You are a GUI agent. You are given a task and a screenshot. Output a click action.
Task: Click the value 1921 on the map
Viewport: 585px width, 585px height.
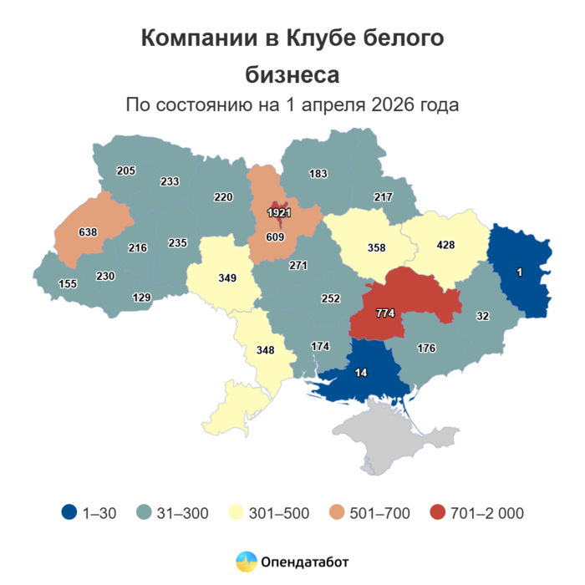pyautogui.click(x=279, y=213)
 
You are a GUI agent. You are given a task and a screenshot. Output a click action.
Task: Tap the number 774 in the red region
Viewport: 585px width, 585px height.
pyautogui.click(x=385, y=313)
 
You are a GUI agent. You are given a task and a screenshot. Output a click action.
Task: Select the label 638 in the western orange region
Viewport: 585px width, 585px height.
pyautogui.click(x=88, y=231)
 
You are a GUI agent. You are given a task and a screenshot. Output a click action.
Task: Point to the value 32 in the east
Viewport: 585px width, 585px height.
pyautogui.click(x=482, y=315)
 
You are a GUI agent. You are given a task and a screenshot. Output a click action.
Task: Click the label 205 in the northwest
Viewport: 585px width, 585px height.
pyautogui.click(x=126, y=171)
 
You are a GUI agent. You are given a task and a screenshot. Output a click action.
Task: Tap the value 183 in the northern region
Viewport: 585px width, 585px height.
pyautogui.click(x=318, y=174)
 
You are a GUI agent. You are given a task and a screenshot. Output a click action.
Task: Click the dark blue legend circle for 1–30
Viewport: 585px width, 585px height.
pyautogui.click(x=69, y=513)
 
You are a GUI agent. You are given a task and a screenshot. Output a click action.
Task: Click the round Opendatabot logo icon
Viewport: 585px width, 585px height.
pyautogui.click(x=246, y=562)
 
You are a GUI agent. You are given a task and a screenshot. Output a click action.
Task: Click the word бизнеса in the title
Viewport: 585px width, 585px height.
pyautogui.click(x=292, y=74)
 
